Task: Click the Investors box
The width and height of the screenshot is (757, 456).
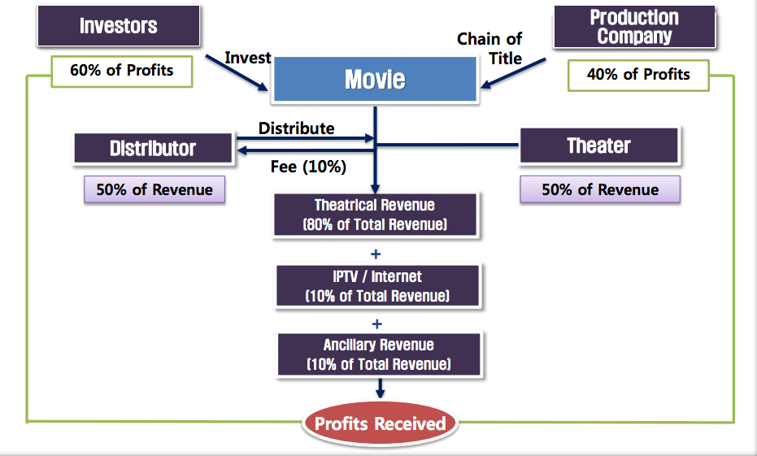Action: pos(119,26)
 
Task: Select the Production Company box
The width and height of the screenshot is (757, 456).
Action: pos(634,27)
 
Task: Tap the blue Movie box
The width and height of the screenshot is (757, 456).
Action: pos(374,80)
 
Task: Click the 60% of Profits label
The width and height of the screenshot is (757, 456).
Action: pos(122,71)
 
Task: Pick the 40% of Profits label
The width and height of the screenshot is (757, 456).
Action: pos(638,75)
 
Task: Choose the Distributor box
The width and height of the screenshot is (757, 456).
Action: pos(153,148)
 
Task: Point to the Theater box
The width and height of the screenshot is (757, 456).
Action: pos(598,146)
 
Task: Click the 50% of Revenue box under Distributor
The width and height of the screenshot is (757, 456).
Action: pos(154,190)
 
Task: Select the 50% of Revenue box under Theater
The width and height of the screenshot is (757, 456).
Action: pos(600,190)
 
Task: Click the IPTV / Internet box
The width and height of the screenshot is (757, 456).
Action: pos(377,286)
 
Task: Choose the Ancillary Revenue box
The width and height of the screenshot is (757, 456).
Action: pos(379,354)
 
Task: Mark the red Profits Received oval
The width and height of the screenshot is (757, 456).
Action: pos(380,423)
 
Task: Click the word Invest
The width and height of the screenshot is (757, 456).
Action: pos(248,59)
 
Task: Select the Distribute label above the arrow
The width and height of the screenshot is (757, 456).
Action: pos(296,128)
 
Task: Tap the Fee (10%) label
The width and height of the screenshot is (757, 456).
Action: pos(308,167)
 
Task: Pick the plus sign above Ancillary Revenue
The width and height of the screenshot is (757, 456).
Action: pos(377,323)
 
